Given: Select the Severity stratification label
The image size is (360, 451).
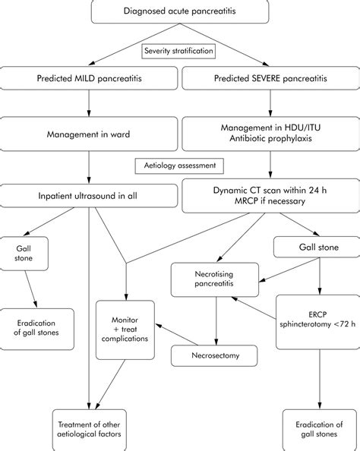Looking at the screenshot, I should pyautogui.click(x=179, y=52).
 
